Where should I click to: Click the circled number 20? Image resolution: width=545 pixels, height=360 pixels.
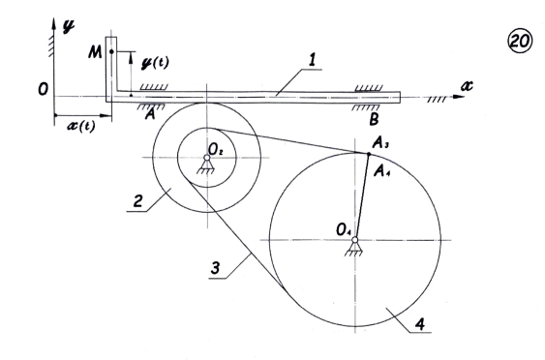(x=520, y=41)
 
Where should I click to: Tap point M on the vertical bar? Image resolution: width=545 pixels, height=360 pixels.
(x=111, y=52)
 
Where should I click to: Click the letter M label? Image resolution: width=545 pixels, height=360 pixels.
(x=95, y=53)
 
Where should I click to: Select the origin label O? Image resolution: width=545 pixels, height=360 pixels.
(x=44, y=90)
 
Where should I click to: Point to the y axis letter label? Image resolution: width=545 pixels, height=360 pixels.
(x=68, y=27)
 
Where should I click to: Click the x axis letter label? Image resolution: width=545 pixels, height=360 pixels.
(x=467, y=85)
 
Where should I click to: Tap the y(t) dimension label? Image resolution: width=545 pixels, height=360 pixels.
(x=155, y=63)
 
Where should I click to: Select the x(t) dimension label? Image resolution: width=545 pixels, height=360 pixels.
(x=81, y=126)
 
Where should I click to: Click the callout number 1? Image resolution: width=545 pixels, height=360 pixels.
(x=312, y=59)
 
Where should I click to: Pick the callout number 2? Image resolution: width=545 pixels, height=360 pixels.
(x=138, y=201)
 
